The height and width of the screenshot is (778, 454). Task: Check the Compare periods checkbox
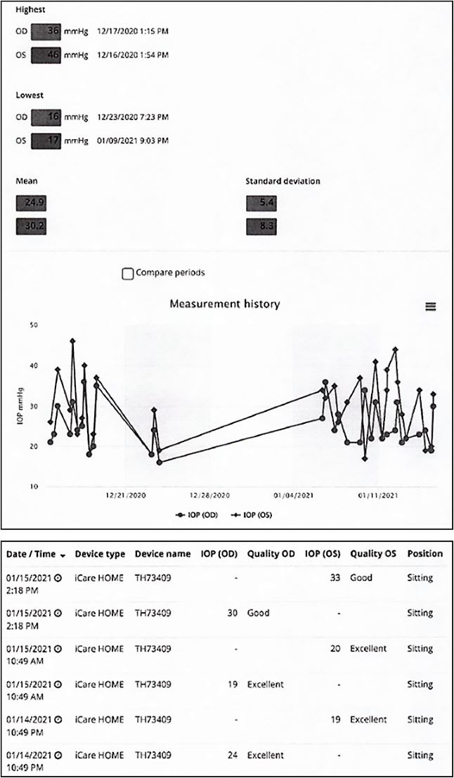coord(128,273)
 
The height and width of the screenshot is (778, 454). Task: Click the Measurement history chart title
coord(225,304)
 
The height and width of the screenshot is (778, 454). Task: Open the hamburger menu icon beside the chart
coord(431,306)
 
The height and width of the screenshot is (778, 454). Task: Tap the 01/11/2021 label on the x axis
coord(378,496)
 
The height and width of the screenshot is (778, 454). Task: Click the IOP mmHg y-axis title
coord(20,407)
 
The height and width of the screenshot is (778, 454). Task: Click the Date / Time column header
coord(37,554)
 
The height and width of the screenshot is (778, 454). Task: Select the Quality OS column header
coord(372,554)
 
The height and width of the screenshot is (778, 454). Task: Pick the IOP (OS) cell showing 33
coord(334,578)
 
